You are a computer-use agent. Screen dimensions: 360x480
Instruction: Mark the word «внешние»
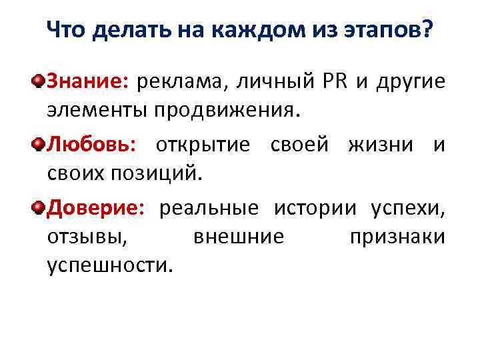click(238, 237)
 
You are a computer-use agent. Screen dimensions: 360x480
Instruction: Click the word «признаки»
click(396, 237)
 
